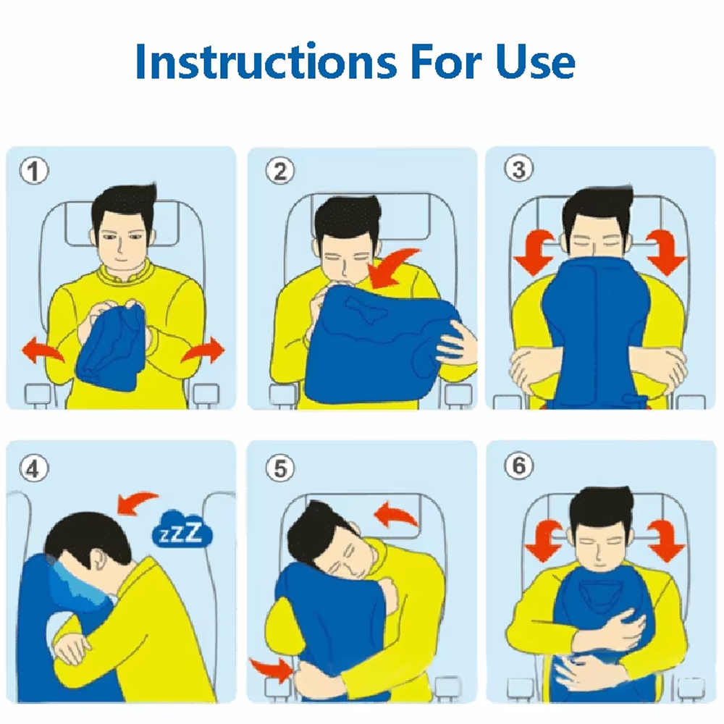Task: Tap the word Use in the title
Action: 536,62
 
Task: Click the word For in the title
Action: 446,62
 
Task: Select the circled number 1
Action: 34,170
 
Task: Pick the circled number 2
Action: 279,170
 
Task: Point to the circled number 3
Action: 518,169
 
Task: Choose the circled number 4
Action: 34,468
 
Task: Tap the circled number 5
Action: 279,468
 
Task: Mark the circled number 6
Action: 518,466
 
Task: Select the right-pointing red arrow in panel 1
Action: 203,350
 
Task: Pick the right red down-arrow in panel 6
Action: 665,540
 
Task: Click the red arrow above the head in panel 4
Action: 137,502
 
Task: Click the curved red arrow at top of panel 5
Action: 396,515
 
